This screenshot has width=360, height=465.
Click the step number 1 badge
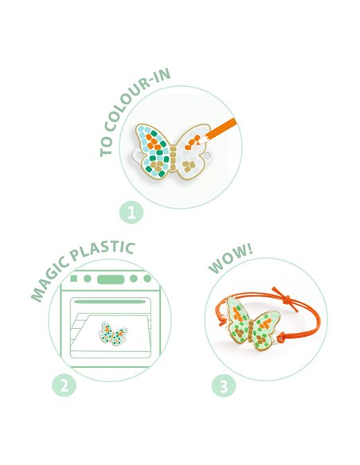(131, 213)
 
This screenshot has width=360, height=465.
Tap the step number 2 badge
(64, 385)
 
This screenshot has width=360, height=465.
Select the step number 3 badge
(224, 386)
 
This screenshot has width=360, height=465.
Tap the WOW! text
(230, 259)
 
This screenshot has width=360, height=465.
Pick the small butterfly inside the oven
(113, 334)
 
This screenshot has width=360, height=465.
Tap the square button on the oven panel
(73, 279)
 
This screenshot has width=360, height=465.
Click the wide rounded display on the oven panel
(111, 279)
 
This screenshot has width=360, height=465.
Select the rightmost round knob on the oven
(147, 279)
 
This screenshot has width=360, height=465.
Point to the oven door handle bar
(110, 302)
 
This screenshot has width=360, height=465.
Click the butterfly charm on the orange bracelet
(252, 323)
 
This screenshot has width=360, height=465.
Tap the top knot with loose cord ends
(285, 299)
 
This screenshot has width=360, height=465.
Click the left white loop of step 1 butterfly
(135, 155)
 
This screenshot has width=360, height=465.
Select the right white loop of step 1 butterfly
(207, 155)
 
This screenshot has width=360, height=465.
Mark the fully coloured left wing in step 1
(153, 150)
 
